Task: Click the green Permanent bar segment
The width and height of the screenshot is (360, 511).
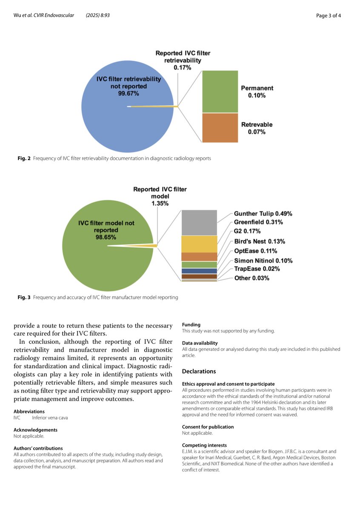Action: [220, 91]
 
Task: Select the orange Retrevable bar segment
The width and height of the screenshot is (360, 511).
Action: [220, 127]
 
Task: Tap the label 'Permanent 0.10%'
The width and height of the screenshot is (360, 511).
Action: [257, 92]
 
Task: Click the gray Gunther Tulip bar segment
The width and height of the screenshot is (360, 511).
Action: [199, 222]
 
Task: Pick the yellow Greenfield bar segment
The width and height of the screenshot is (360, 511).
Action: [199, 244]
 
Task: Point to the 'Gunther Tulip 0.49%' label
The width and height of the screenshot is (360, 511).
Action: [263, 213]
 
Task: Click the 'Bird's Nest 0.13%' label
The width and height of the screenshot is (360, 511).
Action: [260, 241]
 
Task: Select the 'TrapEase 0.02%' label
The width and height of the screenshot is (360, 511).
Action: [257, 269]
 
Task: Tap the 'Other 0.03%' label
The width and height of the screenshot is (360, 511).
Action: [252, 278]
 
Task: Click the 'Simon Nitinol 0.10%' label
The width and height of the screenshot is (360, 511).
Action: [263, 260]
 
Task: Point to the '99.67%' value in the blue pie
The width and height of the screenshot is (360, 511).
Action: [129, 94]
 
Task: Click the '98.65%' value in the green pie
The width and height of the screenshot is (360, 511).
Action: [106, 237]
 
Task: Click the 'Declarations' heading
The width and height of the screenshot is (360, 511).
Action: [199, 371]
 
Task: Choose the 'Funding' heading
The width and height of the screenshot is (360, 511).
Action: [191, 324]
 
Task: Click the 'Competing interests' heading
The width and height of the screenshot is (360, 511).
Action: [204, 445]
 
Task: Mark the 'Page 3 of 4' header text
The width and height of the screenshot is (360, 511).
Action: [329, 16]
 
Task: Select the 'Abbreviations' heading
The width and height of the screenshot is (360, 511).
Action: [29, 411]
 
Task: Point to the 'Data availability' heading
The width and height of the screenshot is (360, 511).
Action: [200, 343]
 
